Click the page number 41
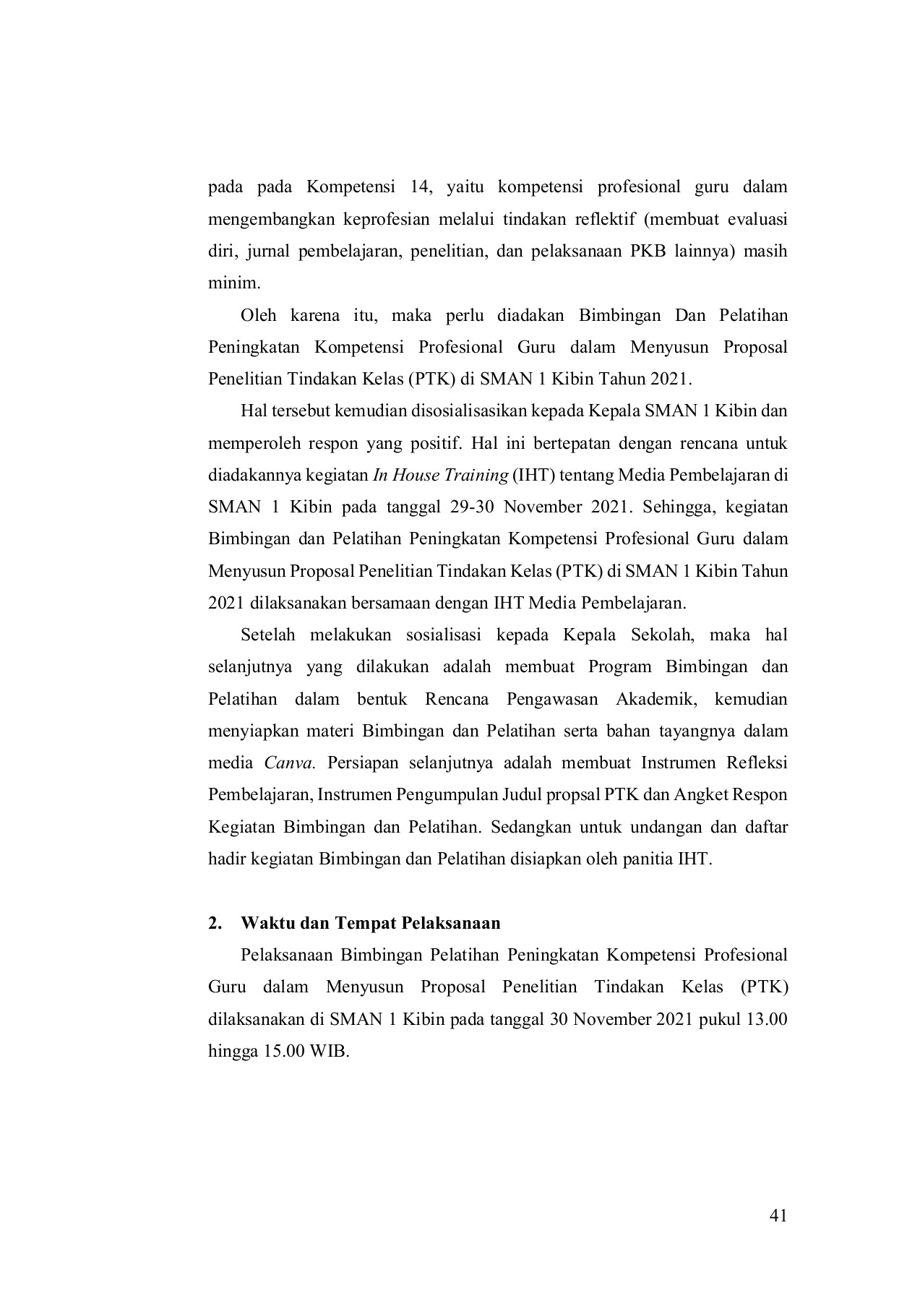tap(778, 1216)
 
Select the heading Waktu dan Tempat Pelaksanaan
tap(370, 924)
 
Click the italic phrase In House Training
tap(440, 475)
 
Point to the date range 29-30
tap(472, 507)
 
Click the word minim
tap(233, 283)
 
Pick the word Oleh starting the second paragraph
tap(257, 315)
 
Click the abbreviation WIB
tap(329, 1051)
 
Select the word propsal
tap(567, 794)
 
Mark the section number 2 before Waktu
tap(214, 924)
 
